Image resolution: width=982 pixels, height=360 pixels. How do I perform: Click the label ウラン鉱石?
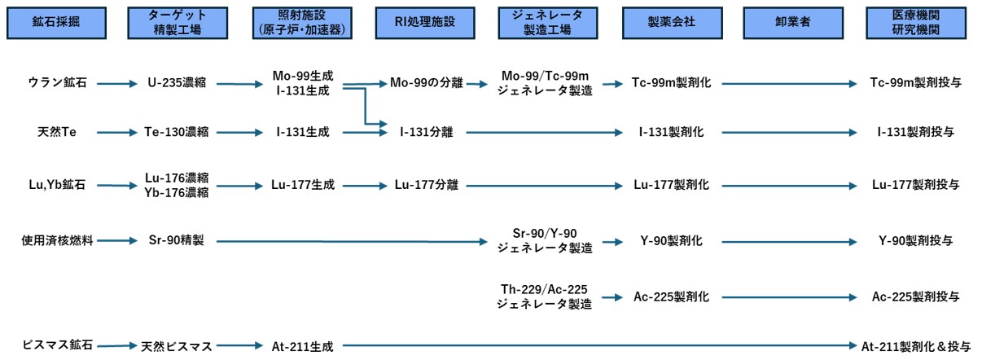(x=57, y=83)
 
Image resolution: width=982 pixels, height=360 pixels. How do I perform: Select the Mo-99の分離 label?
(x=425, y=83)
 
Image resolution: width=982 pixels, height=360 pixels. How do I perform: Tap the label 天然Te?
(x=57, y=131)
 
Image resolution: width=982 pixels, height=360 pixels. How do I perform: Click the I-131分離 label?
(x=426, y=131)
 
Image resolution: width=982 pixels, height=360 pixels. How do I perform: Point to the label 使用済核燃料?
(x=57, y=240)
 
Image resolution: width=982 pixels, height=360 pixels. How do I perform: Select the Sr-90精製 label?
(x=177, y=240)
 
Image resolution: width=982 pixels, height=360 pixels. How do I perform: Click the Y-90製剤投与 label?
(x=915, y=240)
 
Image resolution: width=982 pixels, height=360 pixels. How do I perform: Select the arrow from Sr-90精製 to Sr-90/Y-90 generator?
(x=350, y=240)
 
